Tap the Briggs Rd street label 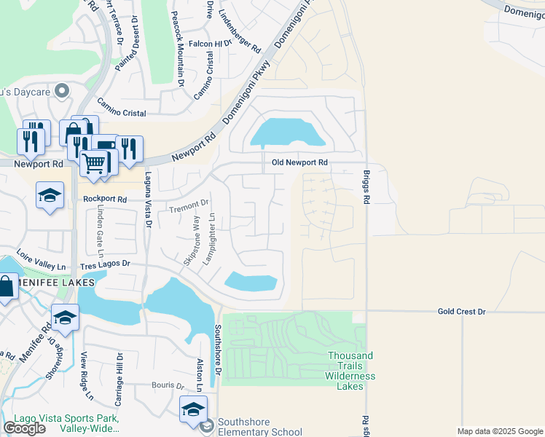(x=366, y=187)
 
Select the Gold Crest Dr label (x=461, y=312)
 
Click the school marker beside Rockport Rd (x=50, y=194)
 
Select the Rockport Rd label (x=105, y=199)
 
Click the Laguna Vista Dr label (x=147, y=200)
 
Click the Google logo (x=25, y=428)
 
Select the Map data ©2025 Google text (x=499, y=431)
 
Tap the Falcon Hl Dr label (x=210, y=44)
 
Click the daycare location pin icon (x=61, y=91)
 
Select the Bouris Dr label (x=168, y=385)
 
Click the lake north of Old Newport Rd (x=286, y=133)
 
